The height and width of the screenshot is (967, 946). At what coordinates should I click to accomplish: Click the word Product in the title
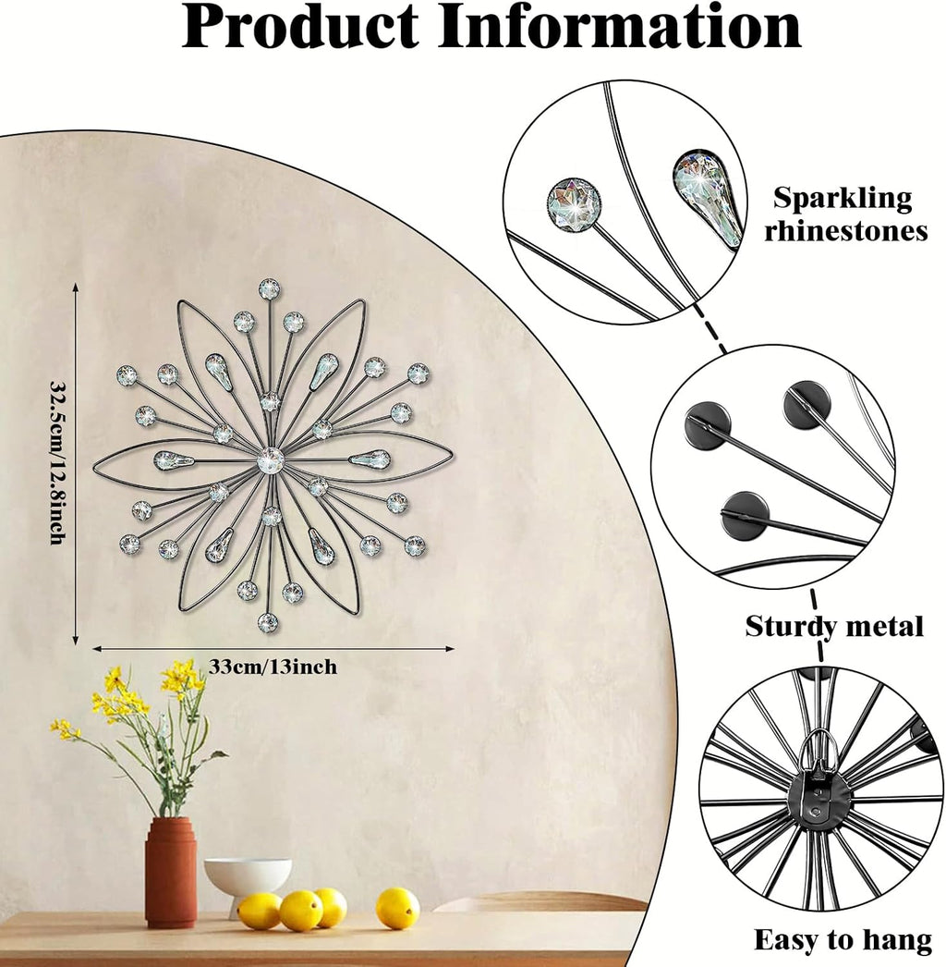[x=300, y=28]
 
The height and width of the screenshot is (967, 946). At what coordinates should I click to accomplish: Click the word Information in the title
[x=619, y=27]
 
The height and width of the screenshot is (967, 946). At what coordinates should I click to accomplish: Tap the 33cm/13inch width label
[x=273, y=667]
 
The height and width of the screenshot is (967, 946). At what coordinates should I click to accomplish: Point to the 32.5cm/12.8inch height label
[x=57, y=462]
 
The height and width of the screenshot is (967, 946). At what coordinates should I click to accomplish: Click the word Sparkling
[x=843, y=199]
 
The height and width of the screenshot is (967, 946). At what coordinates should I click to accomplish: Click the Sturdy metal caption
[x=834, y=627]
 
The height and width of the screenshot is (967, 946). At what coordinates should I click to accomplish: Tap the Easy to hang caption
[x=843, y=941]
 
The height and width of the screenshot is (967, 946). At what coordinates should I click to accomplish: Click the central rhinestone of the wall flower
[x=270, y=460]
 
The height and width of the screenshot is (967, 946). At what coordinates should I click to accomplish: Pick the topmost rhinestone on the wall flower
[x=270, y=288]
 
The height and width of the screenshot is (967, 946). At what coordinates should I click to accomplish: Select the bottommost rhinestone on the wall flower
[x=268, y=623]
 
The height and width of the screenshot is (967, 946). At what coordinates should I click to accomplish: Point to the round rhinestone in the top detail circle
[x=575, y=205]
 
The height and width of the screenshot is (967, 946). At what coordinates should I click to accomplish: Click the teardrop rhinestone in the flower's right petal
[x=370, y=459]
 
